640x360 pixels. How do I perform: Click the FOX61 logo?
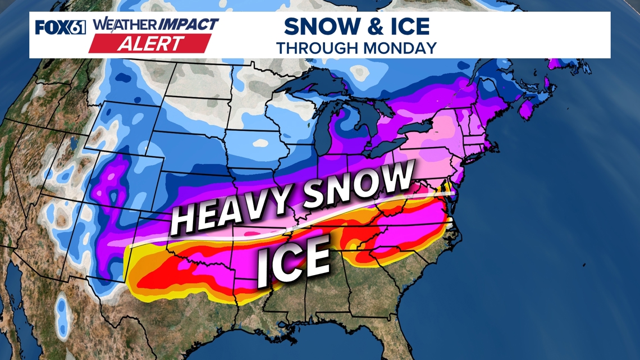(60, 27)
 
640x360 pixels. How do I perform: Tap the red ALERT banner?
(150, 43)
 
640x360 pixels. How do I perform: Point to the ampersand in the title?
(359, 26)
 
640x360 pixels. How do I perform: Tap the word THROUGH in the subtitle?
(317, 47)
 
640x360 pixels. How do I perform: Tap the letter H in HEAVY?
(181, 220)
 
